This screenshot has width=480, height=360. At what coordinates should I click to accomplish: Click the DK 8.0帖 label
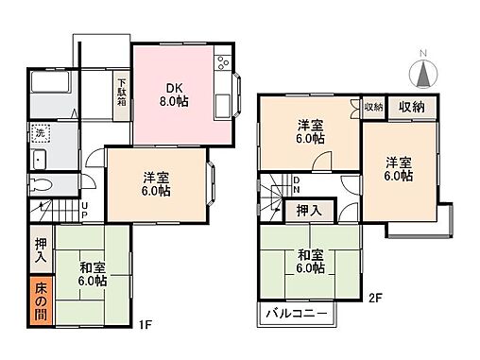click(174, 94)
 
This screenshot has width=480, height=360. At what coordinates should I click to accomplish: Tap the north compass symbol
click(423, 74)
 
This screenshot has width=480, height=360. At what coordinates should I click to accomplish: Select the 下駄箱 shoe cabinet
click(122, 95)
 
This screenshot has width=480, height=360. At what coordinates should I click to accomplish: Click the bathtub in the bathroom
click(50, 82)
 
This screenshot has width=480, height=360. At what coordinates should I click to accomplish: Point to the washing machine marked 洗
click(41, 133)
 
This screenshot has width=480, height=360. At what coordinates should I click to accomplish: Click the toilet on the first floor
click(41, 184)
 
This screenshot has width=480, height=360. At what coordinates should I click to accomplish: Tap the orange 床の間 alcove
click(42, 301)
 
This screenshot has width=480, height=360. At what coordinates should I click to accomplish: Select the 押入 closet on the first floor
click(42, 249)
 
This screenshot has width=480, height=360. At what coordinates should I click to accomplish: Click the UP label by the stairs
click(85, 211)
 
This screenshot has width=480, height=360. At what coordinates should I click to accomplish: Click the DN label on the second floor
click(297, 184)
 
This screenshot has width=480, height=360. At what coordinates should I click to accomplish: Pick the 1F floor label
click(146, 324)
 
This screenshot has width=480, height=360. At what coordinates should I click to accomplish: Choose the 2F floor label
click(375, 298)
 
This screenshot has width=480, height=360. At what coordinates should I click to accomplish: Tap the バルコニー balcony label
click(296, 314)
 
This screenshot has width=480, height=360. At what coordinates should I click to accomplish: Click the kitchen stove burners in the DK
click(223, 62)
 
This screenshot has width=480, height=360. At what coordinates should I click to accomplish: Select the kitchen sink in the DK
click(223, 106)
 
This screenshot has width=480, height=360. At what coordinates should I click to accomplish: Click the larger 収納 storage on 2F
click(412, 108)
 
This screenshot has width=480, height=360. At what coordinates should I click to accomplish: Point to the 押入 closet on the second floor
click(309, 211)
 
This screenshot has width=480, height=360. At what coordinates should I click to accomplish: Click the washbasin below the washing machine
click(39, 160)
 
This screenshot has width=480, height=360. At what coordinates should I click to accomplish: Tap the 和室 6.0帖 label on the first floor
click(93, 274)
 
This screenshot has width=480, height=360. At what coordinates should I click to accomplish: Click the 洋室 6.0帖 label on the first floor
click(156, 184)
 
